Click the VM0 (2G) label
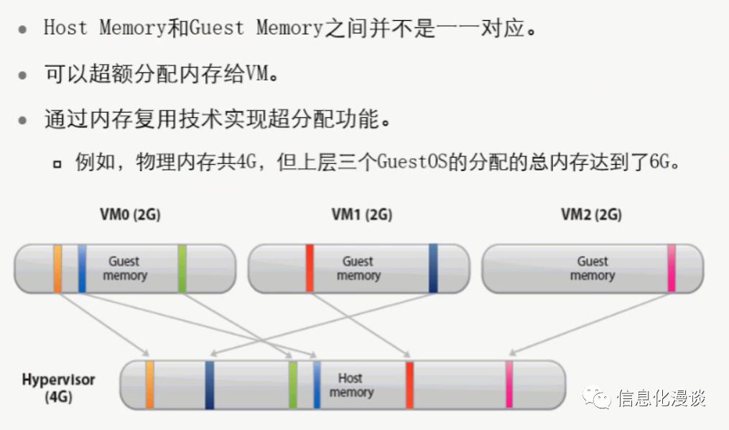point(129,215)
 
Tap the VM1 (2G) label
point(362,215)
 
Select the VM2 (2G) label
point(591,215)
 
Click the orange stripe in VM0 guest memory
point(57,268)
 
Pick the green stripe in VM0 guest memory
point(182,268)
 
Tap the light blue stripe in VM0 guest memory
point(82,268)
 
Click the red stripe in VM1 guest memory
point(310,268)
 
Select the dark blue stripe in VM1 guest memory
point(433,268)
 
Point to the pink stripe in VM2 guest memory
point(672,268)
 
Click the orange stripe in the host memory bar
point(149,385)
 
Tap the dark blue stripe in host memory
point(209,385)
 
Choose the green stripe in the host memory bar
point(292,385)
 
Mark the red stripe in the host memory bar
point(409,385)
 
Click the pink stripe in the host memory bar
point(509,385)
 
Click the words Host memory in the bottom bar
point(351,385)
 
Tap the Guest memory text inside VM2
point(593,268)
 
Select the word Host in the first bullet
point(65,28)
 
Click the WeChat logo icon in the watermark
point(598,397)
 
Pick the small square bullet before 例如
point(57,164)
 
